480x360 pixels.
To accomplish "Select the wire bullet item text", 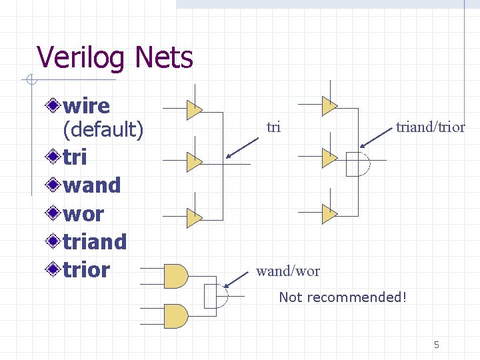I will [87, 105].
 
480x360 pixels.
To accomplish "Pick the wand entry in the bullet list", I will [92, 185].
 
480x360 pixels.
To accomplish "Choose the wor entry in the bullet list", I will [83, 214].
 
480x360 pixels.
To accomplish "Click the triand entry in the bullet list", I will [95, 241].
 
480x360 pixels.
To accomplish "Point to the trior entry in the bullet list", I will [86, 270].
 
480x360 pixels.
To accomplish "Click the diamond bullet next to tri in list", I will [54, 157].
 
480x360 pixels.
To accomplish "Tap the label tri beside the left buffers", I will [273, 127].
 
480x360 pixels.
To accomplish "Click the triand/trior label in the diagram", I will [430, 127].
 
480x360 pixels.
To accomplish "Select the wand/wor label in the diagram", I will [288, 271].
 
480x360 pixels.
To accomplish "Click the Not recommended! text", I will [343, 297].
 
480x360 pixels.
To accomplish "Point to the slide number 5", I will [437, 345].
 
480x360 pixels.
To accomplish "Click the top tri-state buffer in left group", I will [193, 109].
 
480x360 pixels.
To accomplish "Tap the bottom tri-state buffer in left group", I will [193, 217].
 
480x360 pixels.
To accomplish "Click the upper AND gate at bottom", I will [175, 275].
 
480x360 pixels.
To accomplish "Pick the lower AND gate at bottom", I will [175, 315].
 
